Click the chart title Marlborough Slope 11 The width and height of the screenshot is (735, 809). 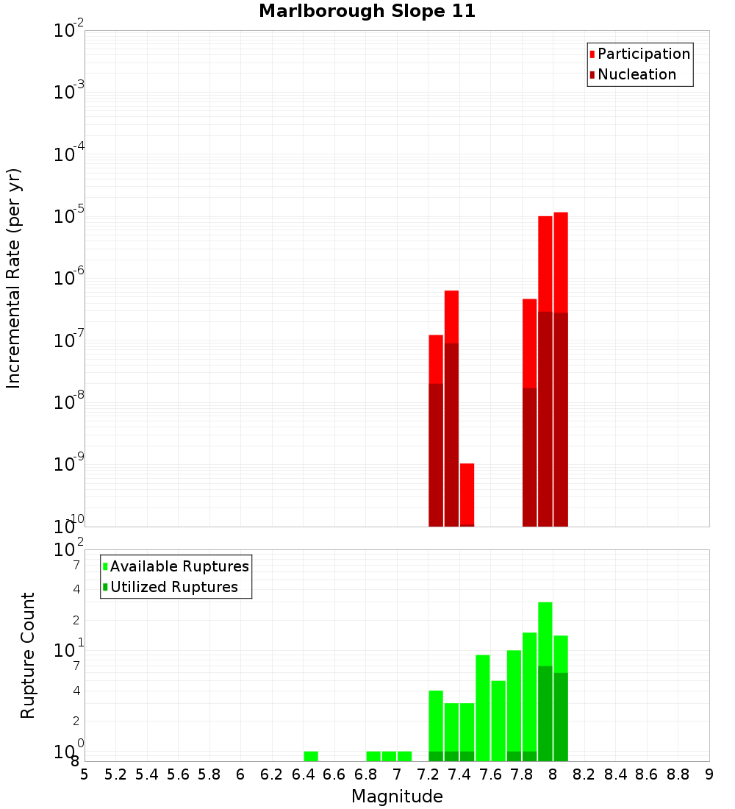(367, 11)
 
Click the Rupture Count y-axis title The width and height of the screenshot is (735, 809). (28, 655)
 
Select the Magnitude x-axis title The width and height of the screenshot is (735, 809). (397, 796)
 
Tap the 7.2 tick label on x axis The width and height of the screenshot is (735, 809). (428, 774)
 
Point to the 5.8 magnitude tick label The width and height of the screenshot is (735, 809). (209, 774)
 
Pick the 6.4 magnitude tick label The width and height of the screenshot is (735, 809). (303, 774)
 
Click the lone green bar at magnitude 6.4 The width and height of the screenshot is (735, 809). (311, 756)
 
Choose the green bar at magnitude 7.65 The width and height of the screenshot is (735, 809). (498, 721)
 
